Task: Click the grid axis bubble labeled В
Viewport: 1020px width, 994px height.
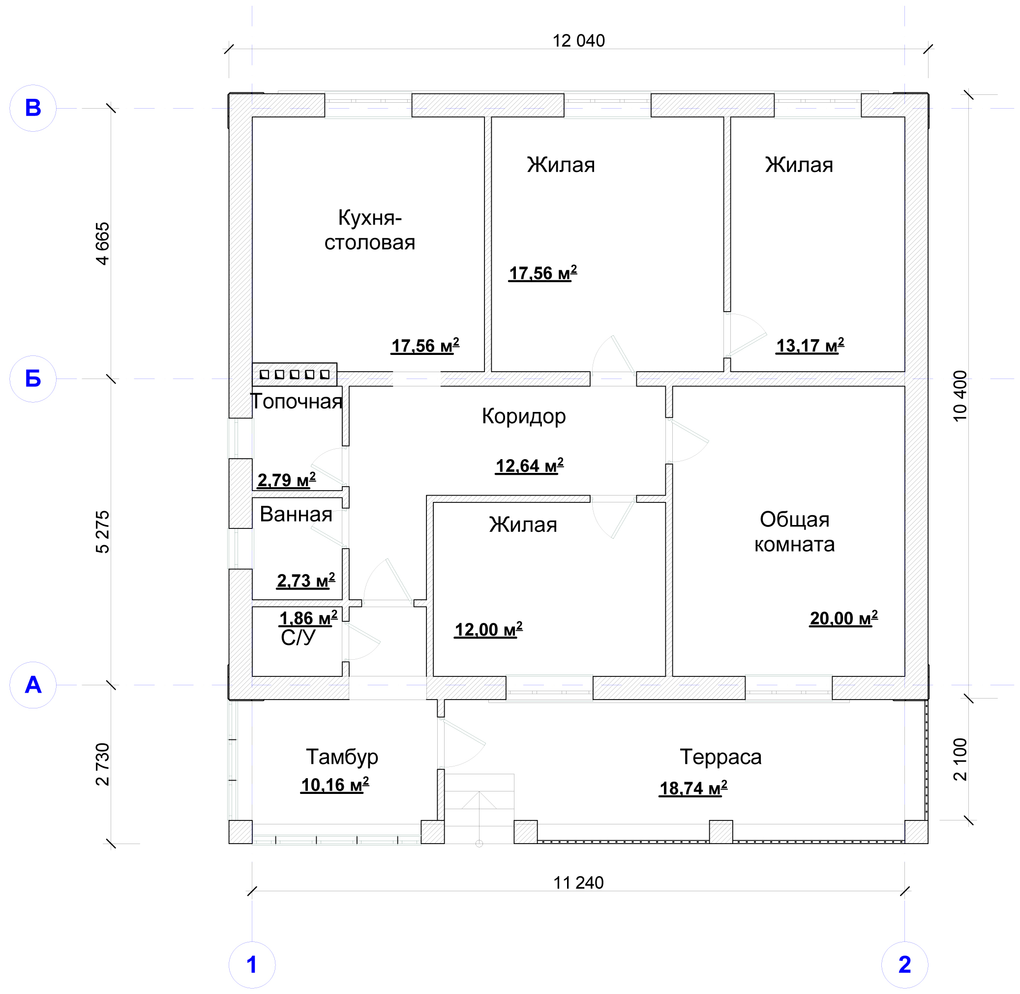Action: [x=33, y=108]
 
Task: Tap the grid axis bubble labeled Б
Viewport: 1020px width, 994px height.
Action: [x=33, y=379]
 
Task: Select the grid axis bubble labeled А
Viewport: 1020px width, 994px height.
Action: [x=33, y=685]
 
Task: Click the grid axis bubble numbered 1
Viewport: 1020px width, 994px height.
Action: [x=252, y=965]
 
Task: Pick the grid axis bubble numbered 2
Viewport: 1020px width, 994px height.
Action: [x=904, y=965]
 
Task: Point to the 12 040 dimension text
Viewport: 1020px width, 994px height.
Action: [x=579, y=41]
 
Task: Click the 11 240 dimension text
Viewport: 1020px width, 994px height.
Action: [x=578, y=883]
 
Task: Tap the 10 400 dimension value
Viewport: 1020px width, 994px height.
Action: [x=960, y=396]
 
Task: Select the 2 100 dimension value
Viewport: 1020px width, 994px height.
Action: [x=960, y=759]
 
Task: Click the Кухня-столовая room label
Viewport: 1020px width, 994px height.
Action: [x=370, y=230]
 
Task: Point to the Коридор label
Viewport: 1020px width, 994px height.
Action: [x=524, y=416]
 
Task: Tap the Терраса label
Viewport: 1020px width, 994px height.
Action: [x=720, y=757]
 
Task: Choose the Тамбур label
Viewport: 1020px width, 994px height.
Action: [x=342, y=757]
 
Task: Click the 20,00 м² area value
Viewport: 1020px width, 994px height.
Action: [x=843, y=618]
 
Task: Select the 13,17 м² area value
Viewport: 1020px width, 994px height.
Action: [x=810, y=346]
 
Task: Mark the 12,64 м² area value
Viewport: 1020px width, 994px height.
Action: [x=530, y=466]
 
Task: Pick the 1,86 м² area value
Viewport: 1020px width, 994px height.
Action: [x=308, y=618]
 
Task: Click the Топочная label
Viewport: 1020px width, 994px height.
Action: [x=297, y=402]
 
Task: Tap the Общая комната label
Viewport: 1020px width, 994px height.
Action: [x=794, y=532]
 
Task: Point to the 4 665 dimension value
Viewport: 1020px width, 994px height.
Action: [x=103, y=244]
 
